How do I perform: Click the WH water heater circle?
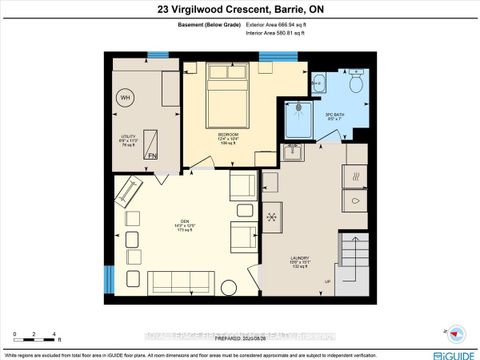(x=126, y=97)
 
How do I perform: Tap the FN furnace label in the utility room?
(x=151, y=155)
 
